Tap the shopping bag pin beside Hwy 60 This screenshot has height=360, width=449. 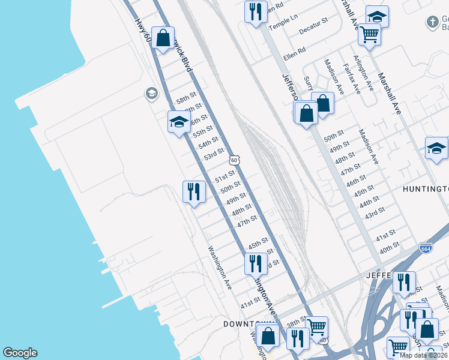[x=163, y=38]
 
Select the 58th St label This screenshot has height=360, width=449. [x=186, y=97]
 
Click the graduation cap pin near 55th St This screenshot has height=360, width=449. [x=178, y=122]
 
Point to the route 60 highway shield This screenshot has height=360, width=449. [x=234, y=160]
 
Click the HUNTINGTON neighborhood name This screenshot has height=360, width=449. [x=426, y=189]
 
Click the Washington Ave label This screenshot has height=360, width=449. [x=220, y=268]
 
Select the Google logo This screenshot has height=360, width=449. [x=20, y=353]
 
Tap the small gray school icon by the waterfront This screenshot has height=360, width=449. [x=151, y=93]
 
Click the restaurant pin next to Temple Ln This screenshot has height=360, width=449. [x=256, y=11]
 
